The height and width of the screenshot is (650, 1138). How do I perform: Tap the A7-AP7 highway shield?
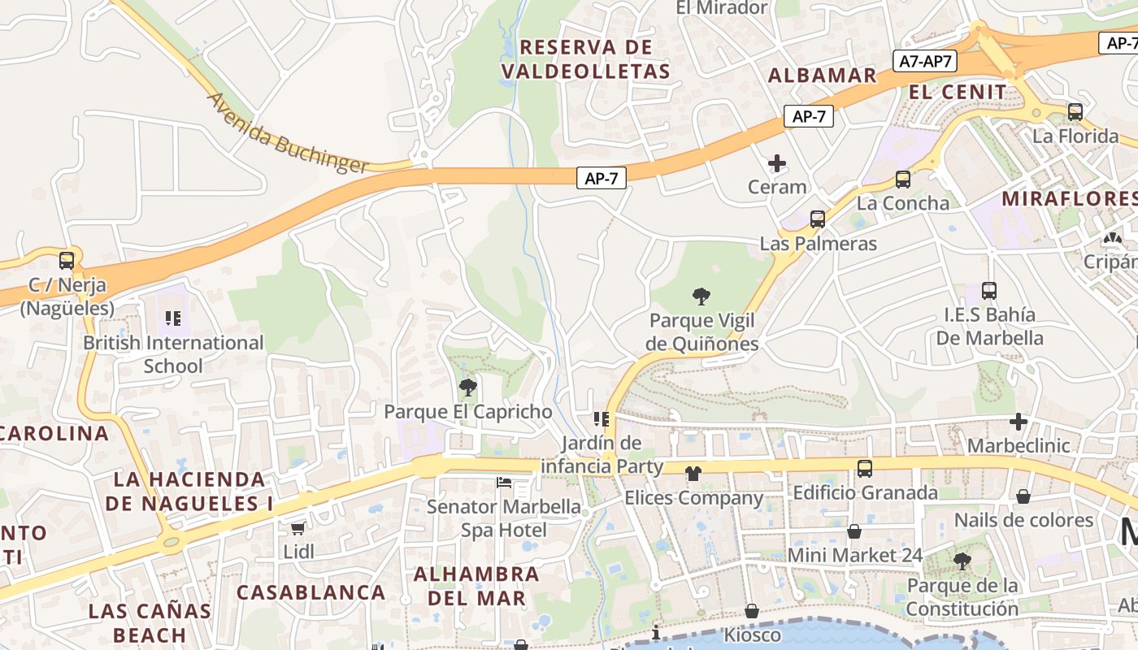(925, 61)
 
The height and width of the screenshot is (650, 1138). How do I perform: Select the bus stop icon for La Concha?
(902, 180)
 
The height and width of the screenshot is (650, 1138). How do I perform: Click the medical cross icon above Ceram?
(777, 163)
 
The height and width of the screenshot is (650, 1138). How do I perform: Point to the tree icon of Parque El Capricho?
(467, 388)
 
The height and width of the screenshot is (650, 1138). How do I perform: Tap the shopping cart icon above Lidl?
(298, 528)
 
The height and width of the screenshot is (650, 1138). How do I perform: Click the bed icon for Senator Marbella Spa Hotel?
(505, 483)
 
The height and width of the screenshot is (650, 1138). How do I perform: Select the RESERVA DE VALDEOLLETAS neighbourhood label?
(586, 58)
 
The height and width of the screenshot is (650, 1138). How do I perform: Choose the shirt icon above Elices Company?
(693, 474)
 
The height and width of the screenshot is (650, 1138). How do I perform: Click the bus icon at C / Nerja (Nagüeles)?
(67, 262)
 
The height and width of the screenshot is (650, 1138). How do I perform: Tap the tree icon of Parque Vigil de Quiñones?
(701, 297)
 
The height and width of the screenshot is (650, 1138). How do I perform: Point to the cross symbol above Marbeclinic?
(1018, 422)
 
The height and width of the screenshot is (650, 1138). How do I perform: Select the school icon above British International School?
(172, 318)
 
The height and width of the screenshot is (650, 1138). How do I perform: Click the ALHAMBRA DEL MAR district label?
(476, 586)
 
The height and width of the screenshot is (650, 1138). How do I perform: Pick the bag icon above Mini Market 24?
(854, 532)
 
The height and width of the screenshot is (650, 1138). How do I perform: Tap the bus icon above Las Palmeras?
(818, 219)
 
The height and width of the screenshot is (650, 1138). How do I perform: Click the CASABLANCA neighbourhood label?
(311, 592)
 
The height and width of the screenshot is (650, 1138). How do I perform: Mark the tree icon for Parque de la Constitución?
(962, 561)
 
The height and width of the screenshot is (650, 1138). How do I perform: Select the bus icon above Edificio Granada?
(865, 469)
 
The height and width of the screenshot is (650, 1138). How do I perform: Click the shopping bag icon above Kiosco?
(752, 611)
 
